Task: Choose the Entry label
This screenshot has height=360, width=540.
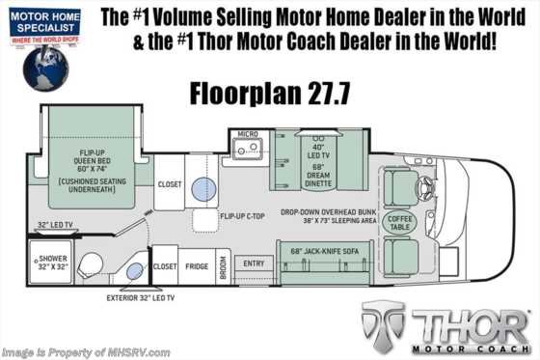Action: pos(254,263)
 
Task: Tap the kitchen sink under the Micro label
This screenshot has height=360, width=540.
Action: pos(253,151)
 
